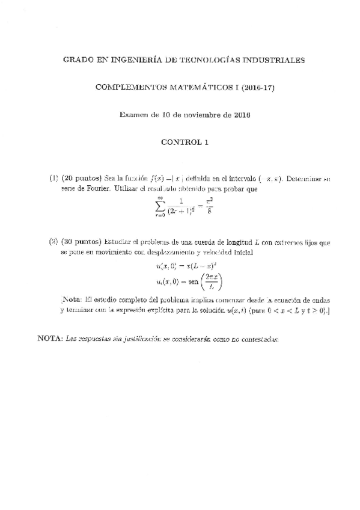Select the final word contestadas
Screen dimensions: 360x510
click(x=260, y=339)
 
